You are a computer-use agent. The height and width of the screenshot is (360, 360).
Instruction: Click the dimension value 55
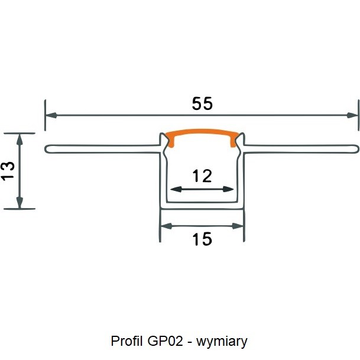pyautogui.click(x=202, y=103)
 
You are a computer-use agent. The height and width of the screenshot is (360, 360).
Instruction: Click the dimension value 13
pyautogui.click(x=8, y=171)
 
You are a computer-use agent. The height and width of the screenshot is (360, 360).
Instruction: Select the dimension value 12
pyautogui.click(x=202, y=176)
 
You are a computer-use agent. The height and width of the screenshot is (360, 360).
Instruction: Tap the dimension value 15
pyautogui.click(x=202, y=239)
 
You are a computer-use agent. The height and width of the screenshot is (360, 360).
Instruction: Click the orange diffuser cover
pyautogui.click(x=202, y=134)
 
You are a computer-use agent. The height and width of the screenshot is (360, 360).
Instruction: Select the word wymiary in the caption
pyautogui.click(x=222, y=341)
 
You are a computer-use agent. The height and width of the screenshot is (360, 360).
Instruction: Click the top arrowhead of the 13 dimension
pyautogui.click(x=20, y=138)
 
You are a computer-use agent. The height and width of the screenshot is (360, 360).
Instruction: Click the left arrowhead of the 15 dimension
pyautogui.click(x=166, y=225)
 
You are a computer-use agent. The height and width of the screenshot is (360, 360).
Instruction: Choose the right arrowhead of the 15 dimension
pyautogui.click(x=239, y=225)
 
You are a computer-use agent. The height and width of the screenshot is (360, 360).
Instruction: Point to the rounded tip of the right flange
pyautogui.click(x=358, y=148)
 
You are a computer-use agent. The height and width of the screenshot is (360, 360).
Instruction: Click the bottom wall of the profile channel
pyautogui.click(x=202, y=205)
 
